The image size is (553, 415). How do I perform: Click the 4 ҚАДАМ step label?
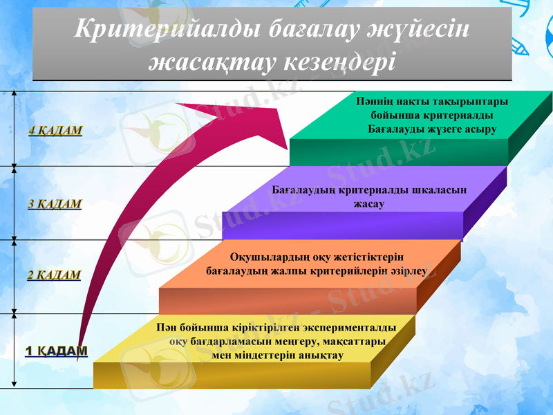point(55,130)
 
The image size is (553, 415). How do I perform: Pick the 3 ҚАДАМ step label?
point(55,204)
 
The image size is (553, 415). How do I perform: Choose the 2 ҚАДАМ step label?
point(54,275)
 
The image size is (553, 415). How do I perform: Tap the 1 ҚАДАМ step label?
point(57,351)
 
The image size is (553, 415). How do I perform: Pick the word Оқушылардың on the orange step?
point(265,257)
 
